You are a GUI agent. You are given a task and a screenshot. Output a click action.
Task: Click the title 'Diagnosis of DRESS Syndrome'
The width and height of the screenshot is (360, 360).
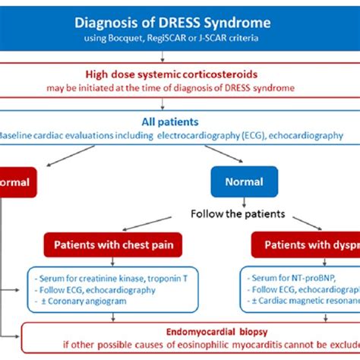click(x=179, y=23)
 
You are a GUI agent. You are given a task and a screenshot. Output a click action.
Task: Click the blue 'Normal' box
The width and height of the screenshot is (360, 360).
click(x=243, y=182)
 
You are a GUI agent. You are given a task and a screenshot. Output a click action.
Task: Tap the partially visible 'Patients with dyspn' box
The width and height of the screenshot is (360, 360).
click(x=305, y=245)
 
